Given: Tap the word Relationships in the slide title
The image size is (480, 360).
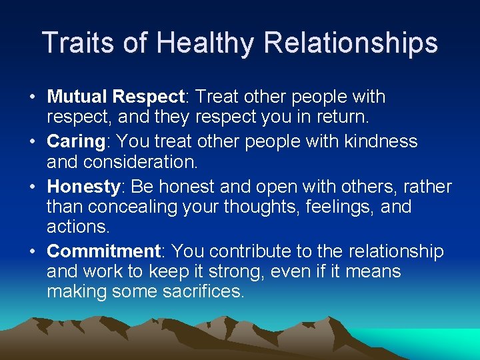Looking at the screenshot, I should pyautogui.click(x=351, y=43).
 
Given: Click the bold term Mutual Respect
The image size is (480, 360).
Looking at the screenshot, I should pyautogui.click(x=115, y=97).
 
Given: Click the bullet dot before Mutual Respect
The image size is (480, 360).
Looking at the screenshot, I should pyautogui.click(x=32, y=97).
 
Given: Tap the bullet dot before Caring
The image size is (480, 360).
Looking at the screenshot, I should pyautogui.click(x=32, y=142).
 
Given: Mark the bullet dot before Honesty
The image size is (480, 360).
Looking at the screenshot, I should pyautogui.click(x=32, y=187).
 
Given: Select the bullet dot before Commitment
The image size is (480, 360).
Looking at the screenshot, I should pyautogui.click(x=32, y=252).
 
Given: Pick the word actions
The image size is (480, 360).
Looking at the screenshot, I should pyautogui.click(x=78, y=226).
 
